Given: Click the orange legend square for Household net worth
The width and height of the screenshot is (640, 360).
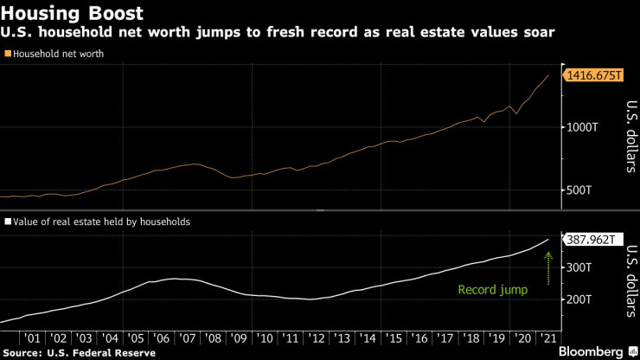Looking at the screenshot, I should click(8, 54).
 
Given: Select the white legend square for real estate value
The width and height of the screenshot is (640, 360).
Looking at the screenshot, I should click(8, 222).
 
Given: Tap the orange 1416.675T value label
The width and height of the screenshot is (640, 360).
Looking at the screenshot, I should click(595, 76).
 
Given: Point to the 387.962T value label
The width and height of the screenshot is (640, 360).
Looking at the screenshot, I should click(593, 240).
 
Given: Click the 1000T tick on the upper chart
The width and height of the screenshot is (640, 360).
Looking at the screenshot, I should click(581, 127).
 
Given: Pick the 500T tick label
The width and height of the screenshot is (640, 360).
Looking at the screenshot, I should click(578, 190).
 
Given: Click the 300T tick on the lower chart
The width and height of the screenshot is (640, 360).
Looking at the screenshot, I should click(578, 268).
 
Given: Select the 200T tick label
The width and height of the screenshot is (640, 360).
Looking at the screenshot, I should click(578, 299).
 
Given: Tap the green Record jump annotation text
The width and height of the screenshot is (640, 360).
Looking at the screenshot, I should click(492, 291).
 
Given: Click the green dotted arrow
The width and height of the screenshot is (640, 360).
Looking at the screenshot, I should click(548, 264).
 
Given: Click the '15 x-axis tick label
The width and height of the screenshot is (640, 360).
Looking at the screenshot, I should click(394, 337).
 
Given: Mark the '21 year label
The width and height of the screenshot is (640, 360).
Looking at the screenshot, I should click(547, 337).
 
